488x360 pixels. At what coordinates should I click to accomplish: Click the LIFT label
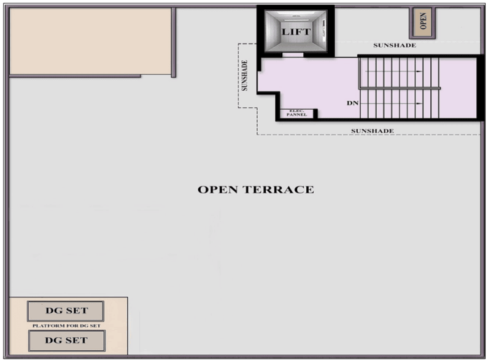click(x=296, y=32)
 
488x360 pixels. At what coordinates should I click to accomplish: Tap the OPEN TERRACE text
click(x=256, y=190)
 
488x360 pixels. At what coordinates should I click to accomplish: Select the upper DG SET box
click(x=66, y=311)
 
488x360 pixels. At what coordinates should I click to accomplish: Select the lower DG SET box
click(x=67, y=341)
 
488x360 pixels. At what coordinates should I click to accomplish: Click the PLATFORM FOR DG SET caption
click(x=67, y=326)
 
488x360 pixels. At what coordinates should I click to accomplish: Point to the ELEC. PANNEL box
click(x=297, y=113)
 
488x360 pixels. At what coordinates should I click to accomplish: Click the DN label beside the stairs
click(x=352, y=103)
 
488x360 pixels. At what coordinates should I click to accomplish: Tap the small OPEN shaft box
click(x=423, y=22)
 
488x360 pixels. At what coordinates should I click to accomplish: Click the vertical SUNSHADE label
click(x=245, y=75)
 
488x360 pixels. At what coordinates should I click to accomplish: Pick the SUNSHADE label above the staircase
click(x=395, y=45)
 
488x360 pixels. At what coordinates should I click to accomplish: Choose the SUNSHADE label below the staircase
click(x=373, y=131)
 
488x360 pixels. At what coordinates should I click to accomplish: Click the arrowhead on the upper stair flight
click(x=419, y=71)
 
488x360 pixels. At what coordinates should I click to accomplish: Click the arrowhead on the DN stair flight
click(x=419, y=104)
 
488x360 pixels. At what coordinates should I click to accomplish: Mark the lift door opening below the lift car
click(x=293, y=55)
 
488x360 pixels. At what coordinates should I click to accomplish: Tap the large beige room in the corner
click(x=90, y=41)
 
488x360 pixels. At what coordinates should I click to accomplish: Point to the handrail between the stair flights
click(x=400, y=88)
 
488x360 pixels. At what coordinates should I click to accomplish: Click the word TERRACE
click(x=278, y=190)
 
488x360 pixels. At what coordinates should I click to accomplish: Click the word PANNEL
click(x=297, y=115)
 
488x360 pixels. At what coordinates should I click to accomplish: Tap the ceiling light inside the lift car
click(x=296, y=20)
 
